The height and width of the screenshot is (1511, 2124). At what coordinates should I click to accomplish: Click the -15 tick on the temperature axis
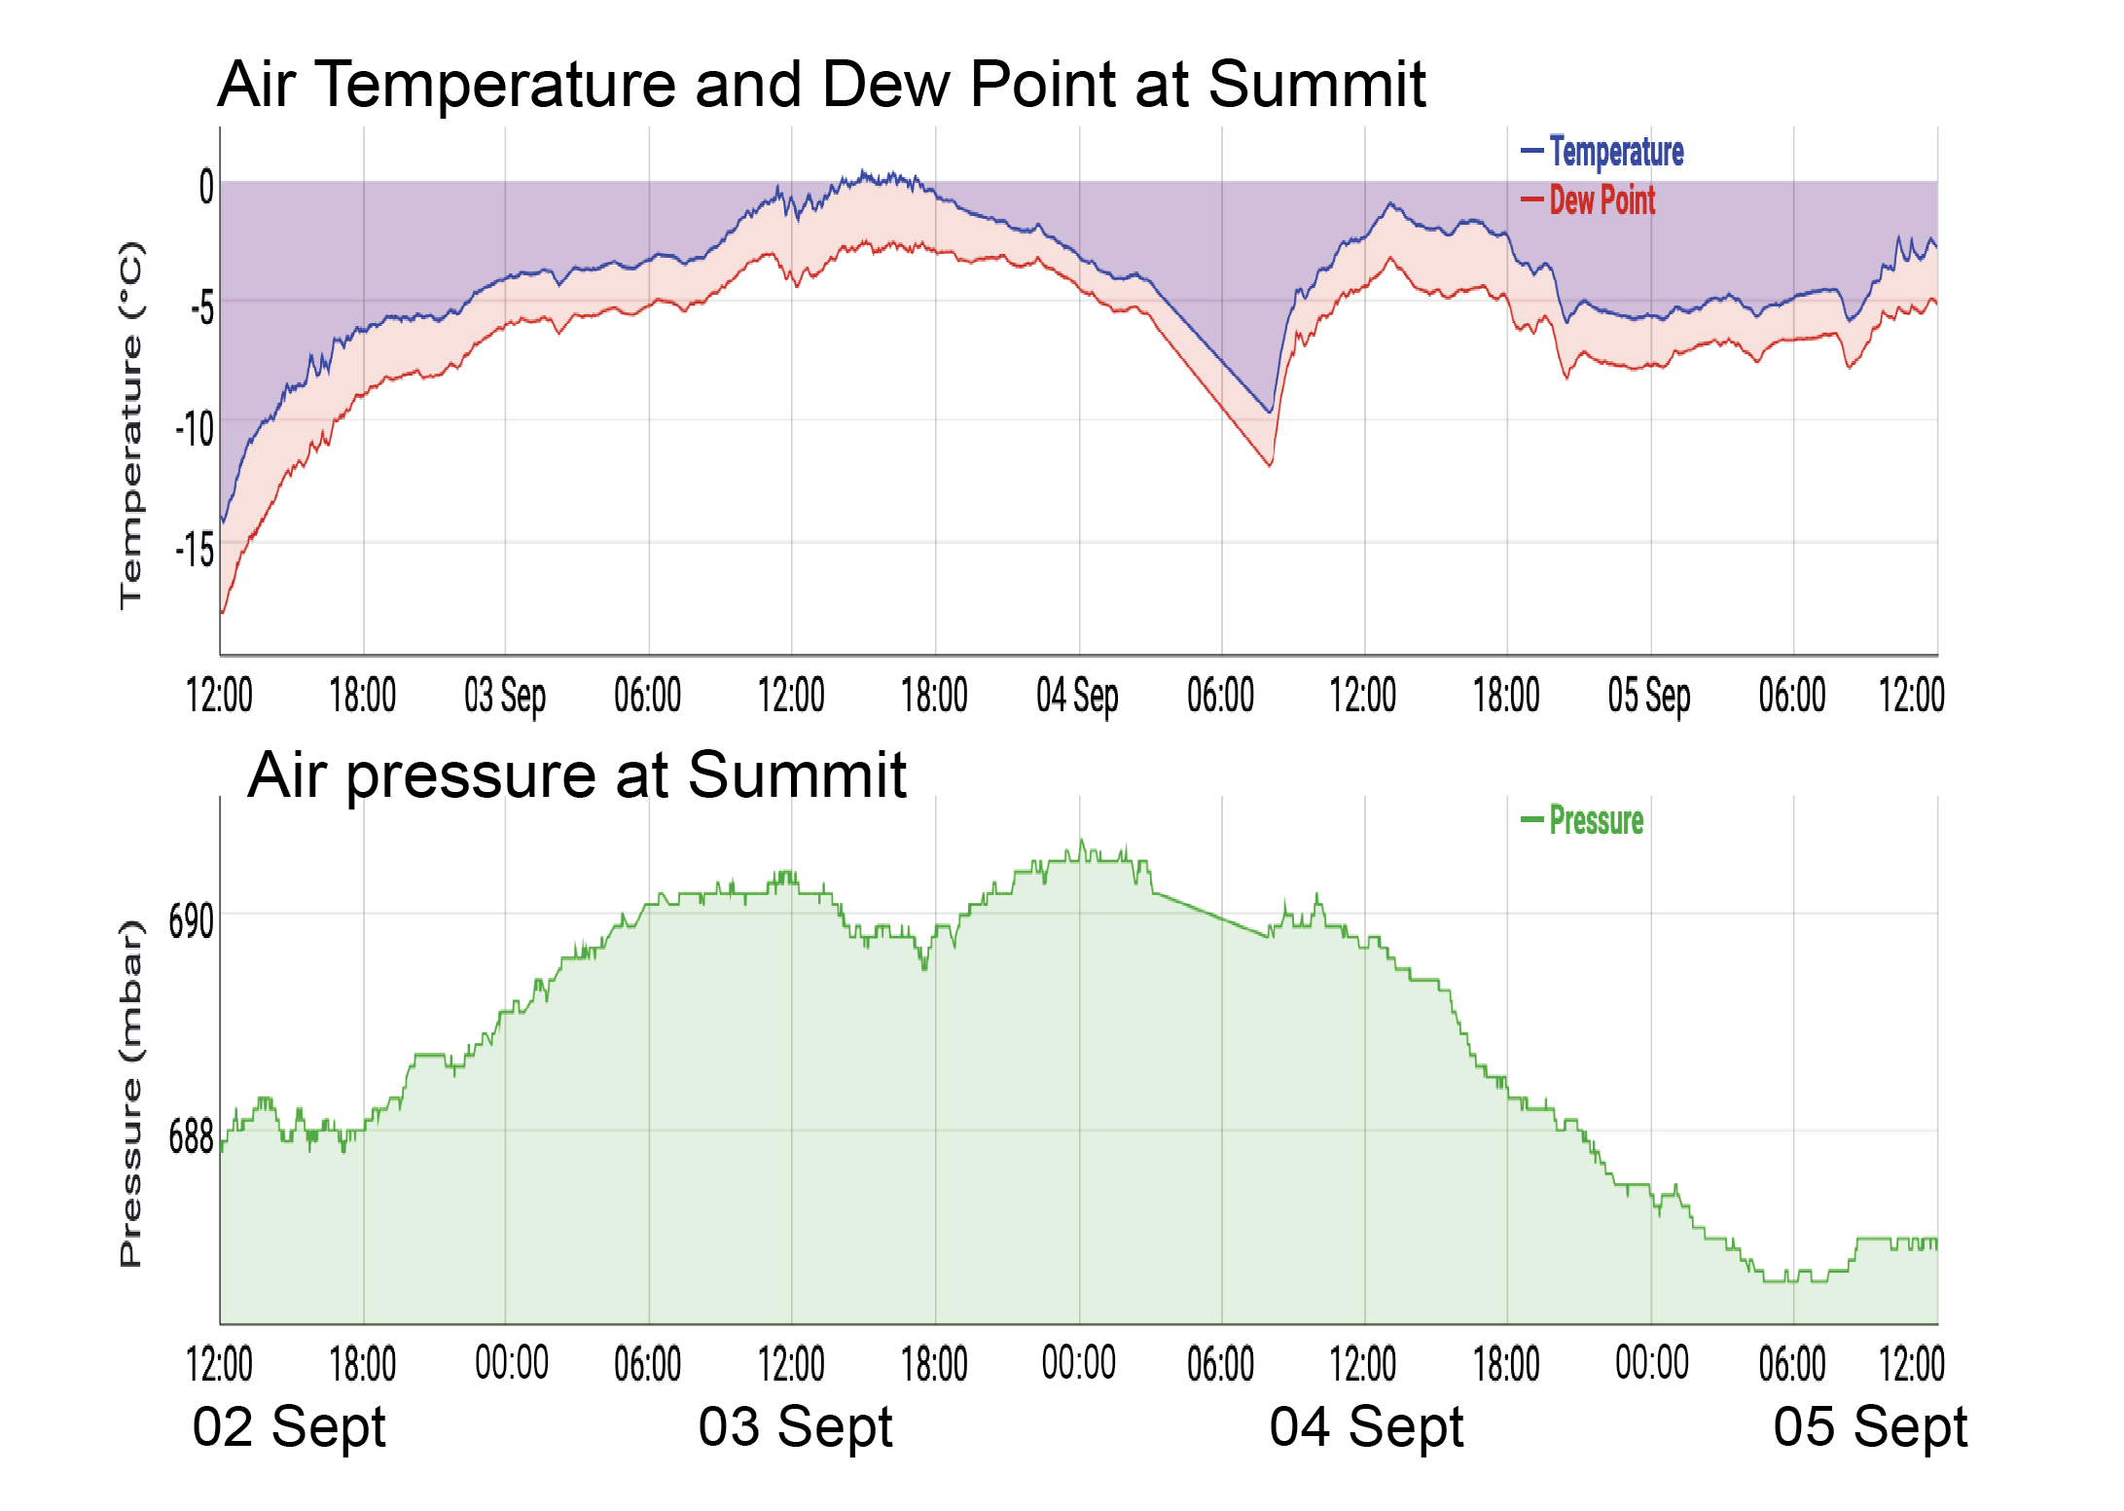tap(195, 551)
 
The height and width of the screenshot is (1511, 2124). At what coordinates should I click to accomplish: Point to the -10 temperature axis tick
tap(195, 429)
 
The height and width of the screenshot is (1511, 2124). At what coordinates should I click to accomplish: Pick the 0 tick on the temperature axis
tap(206, 186)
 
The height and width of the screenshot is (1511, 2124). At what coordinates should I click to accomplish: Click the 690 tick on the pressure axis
tap(191, 920)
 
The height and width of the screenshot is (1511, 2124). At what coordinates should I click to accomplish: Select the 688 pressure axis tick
tap(191, 1136)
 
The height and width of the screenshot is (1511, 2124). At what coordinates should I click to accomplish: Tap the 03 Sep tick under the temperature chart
tap(505, 696)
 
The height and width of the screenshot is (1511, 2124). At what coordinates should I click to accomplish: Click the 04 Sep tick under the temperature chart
tap(1077, 696)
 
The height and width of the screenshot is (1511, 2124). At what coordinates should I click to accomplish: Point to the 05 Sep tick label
tap(1649, 696)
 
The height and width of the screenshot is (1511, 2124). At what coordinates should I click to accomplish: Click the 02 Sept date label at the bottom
tap(289, 1427)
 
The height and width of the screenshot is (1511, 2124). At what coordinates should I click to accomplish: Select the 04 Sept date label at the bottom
tap(1366, 1427)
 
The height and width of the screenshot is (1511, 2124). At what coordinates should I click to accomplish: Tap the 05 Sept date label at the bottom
tap(1870, 1427)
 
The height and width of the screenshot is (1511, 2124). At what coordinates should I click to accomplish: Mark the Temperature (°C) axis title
tap(131, 425)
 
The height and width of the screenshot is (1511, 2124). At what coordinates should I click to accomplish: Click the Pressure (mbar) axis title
tap(131, 1094)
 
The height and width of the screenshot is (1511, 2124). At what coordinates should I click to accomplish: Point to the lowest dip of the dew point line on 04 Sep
tap(1271, 465)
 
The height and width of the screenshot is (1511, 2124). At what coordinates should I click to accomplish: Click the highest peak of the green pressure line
tap(1081, 842)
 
